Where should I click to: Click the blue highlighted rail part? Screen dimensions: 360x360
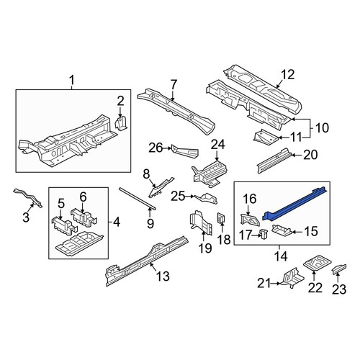pyautogui.click(x=294, y=204)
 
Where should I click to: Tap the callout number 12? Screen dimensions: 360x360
pyautogui.click(x=288, y=75)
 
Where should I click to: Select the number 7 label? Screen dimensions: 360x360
pyautogui.click(x=174, y=85)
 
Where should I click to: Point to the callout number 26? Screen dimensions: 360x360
pyautogui.click(x=156, y=148)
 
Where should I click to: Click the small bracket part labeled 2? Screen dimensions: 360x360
pyautogui.click(x=121, y=123)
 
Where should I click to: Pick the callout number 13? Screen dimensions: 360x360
pyautogui.click(x=163, y=276)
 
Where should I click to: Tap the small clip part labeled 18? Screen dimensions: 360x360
pyautogui.click(x=221, y=217)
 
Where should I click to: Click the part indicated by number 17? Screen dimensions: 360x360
pyautogui.click(x=264, y=233)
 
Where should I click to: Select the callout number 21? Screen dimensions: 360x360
pyautogui.click(x=264, y=283)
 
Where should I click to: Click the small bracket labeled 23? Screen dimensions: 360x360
pyautogui.click(x=339, y=268)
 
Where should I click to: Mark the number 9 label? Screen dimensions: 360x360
pyautogui.click(x=150, y=223)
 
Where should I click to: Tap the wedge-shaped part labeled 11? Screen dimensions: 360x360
pyautogui.click(x=266, y=137)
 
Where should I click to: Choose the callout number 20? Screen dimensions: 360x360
pyautogui.click(x=310, y=155)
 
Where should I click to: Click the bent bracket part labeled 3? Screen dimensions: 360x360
pyautogui.click(x=28, y=198)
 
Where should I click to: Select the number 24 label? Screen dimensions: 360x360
pyautogui.click(x=218, y=145)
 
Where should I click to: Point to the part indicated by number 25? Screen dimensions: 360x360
pyautogui.click(x=207, y=198)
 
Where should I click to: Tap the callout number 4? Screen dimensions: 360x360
pyautogui.click(x=116, y=222)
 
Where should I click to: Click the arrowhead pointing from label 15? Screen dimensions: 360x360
pyautogui.click(x=293, y=232)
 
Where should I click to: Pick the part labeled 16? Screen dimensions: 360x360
pyautogui.click(x=250, y=220)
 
